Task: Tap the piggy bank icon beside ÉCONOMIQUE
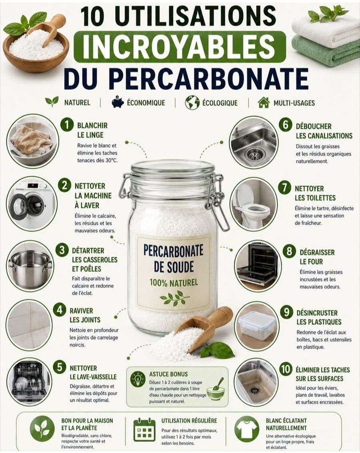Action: (118, 102)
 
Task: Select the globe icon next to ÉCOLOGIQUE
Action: (192, 102)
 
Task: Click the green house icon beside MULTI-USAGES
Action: (263, 102)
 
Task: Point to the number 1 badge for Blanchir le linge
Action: (67, 125)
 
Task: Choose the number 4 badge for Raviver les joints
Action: (60, 310)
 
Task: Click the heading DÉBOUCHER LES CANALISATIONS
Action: (324, 131)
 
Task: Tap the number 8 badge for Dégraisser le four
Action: (289, 251)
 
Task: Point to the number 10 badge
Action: (286, 369)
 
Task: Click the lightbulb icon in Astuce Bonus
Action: (138, 379)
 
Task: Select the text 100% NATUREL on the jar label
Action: (174, 282)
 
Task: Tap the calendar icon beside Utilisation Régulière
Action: (143, 429)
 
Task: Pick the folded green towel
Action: (326, 50)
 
